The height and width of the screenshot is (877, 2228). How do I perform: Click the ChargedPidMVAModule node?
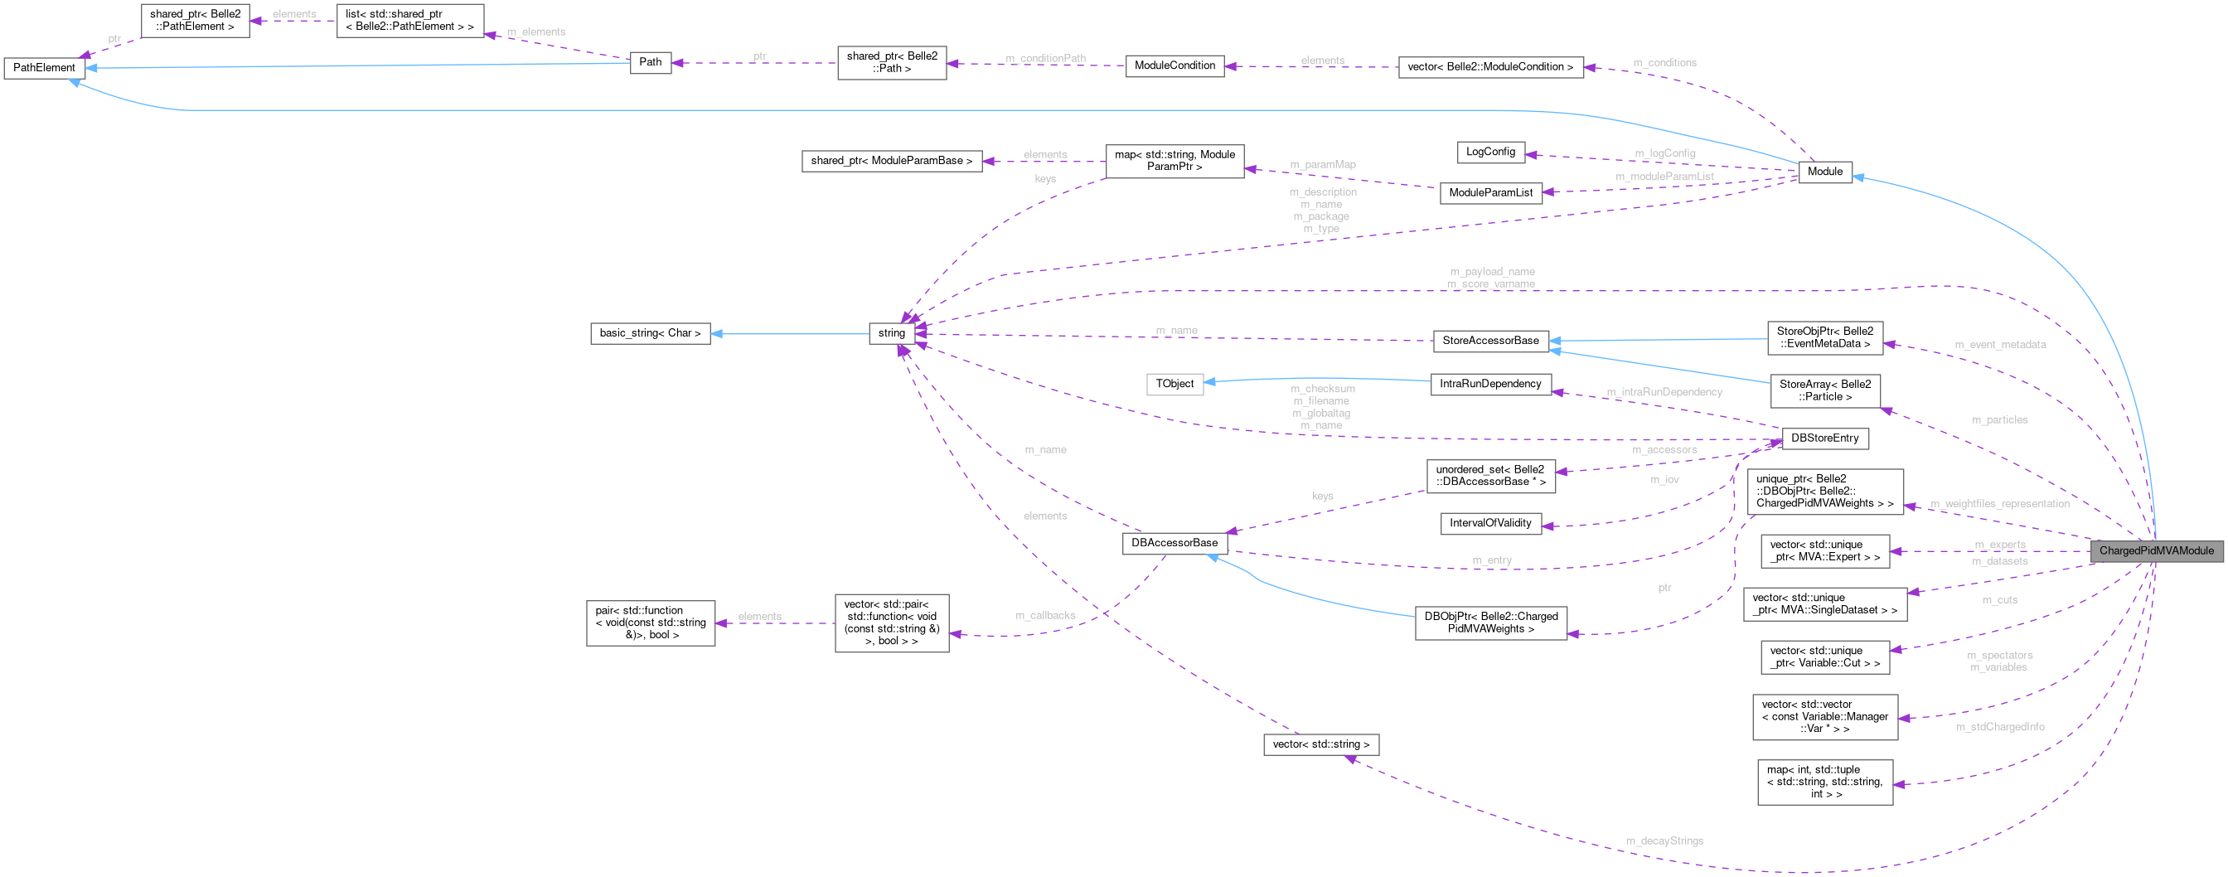[2155, 551]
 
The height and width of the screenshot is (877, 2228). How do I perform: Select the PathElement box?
[44, 67]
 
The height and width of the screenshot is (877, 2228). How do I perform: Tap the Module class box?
[1824, 172]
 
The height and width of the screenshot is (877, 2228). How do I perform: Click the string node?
[891, 333]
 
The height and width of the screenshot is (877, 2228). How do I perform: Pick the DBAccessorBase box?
[1174, 543]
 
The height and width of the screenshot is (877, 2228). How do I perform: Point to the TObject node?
[1174, 383]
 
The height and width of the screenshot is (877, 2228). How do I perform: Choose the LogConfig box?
[1489, 153]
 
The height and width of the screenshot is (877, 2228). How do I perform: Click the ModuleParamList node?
[1489, 193]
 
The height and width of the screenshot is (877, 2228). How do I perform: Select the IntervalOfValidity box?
[1489, 523]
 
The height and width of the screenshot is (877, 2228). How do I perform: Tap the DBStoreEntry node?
[1824, 438]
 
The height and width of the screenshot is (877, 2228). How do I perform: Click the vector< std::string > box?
[1320, 744]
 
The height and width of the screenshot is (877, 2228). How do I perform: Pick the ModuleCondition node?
[1174, 65]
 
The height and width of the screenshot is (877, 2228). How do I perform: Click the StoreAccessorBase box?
[1489, 341]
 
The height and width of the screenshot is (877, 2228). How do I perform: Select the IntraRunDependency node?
[1489, 384]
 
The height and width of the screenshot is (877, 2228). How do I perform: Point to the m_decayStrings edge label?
[1664, 841]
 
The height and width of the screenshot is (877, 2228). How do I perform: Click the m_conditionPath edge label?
[1045, 59]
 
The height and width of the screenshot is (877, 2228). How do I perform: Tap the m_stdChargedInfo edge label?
[2000, 727]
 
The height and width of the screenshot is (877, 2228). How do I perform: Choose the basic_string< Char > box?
[650, 333]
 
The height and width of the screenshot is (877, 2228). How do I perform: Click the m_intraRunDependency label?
[1664, 393]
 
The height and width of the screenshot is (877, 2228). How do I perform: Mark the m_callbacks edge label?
[1045, 616]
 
